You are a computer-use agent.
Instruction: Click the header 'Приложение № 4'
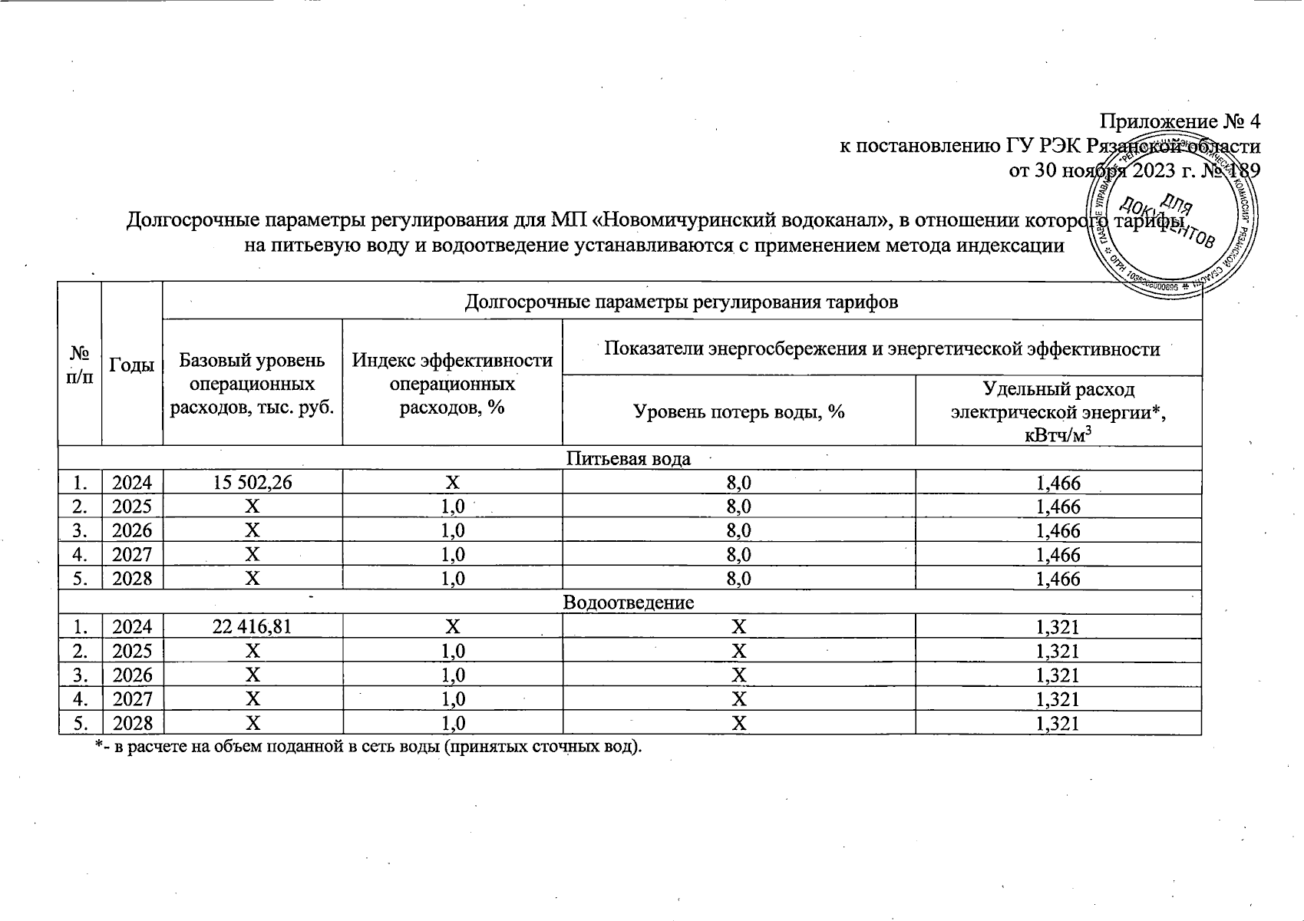(1180, 122)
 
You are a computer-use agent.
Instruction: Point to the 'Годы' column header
(132, 365)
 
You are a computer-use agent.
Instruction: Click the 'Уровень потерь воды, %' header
(738, 412)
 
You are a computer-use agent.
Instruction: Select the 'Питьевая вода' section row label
(629, 459)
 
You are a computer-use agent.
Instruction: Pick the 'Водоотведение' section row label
(629, 602)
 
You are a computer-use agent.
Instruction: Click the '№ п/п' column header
(80, 365)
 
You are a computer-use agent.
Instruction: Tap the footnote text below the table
(367, 747)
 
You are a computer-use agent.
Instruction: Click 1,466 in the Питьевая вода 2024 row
(1058, 483)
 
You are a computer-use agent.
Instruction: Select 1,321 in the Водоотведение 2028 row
(1058, 723)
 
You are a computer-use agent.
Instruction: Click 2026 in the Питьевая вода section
(132, 531)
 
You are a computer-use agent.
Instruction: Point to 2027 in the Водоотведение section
(132, 699)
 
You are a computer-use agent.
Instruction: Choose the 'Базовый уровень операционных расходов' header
(253, 384)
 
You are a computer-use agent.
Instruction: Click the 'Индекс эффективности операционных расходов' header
(452, 384)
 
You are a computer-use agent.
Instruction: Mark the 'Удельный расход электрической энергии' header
(1058, 412)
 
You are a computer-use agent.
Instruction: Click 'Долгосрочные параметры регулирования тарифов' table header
(682, 302)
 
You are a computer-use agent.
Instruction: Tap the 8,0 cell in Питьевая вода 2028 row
(738, 579)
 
